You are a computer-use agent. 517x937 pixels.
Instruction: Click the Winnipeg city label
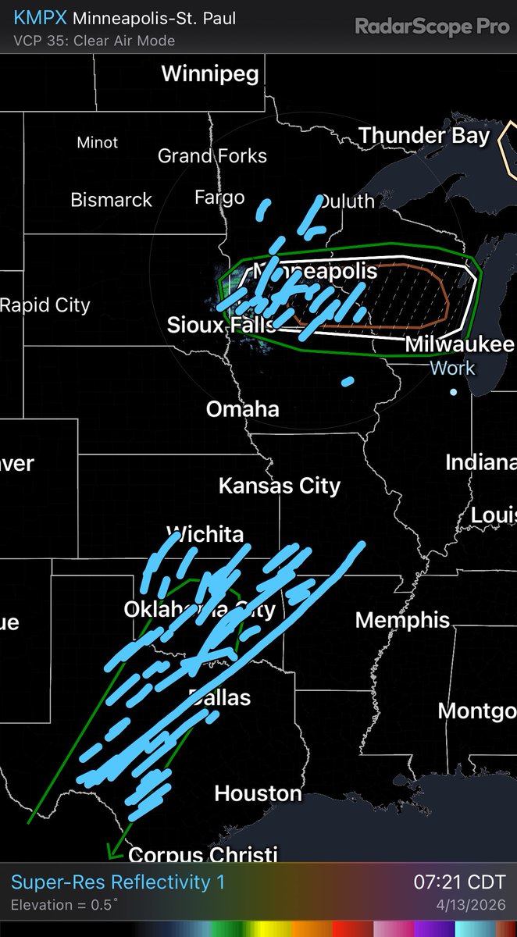pos(210,74)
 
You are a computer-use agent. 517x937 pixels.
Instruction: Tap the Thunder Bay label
pos(424,135)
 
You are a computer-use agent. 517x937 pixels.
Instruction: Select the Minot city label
pos(98,143)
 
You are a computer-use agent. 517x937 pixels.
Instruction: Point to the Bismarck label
pos(112,200)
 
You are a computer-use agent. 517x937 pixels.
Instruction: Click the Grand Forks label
pos(212,156)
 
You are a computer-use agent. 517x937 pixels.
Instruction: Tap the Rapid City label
pos(45,305)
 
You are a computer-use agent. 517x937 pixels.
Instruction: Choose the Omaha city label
pos(242,408)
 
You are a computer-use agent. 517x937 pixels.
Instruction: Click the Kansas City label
pos(280,486)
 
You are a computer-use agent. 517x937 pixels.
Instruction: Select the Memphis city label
pos(402,620)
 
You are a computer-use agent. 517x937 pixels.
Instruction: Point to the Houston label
pos(258,793)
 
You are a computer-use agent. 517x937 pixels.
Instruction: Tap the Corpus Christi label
pos(202,856)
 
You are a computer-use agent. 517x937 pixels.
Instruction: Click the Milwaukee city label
pos(459,345)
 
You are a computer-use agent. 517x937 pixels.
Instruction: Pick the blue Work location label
pos(453,368)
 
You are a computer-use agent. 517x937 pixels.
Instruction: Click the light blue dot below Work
pos(454,390)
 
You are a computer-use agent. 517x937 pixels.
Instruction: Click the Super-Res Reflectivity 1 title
pos(118,882)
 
